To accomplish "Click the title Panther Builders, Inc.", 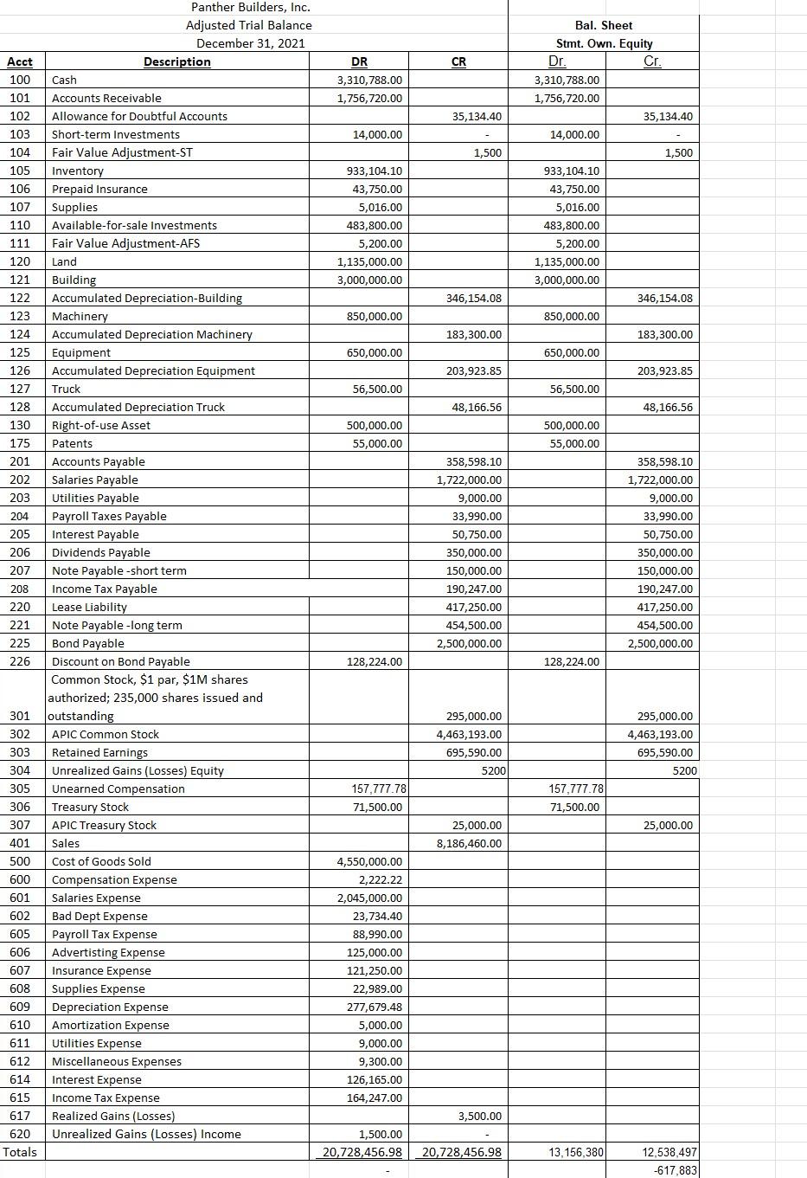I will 250,7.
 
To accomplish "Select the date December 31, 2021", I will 250,43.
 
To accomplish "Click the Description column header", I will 176,61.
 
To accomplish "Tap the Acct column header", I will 20,61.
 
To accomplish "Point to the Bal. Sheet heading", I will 603,25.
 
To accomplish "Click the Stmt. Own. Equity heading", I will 604,43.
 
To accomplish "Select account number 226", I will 20,661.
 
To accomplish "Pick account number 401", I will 20,843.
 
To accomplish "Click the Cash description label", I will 64,80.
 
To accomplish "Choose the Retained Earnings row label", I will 99,752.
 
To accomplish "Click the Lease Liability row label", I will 89,607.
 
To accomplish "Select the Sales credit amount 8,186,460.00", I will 469,843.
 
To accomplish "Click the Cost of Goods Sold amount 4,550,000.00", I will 369,861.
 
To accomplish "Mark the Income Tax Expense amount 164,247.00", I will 374,1098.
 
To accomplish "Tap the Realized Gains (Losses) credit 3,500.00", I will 479,1116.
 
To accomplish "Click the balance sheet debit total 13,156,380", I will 575,1152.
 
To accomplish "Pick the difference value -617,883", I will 676,1169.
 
